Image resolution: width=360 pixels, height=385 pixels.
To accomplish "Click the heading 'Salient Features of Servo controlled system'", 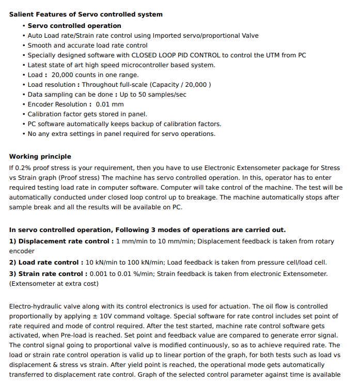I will click(x=86, y=14).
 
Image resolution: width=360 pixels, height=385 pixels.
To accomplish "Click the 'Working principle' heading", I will click(x=40, y=157).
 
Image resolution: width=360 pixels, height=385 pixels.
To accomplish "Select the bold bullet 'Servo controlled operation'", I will click(x=74, y=26).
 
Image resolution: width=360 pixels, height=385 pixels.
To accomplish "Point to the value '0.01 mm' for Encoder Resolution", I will click(x=110, y=104).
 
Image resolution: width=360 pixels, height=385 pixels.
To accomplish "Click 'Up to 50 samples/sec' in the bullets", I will click(x=153, y=95).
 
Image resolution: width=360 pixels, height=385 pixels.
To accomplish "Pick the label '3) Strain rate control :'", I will click(x=49, y=274).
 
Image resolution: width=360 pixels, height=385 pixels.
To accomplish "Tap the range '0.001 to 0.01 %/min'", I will click(x=124, y=274).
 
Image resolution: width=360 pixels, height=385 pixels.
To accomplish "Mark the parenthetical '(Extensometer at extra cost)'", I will click(x=54, y=284).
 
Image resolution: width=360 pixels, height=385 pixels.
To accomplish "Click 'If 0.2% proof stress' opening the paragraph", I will click(x=42, y=168).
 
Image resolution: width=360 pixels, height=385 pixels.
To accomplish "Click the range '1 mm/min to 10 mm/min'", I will click(x=155, y=241).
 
